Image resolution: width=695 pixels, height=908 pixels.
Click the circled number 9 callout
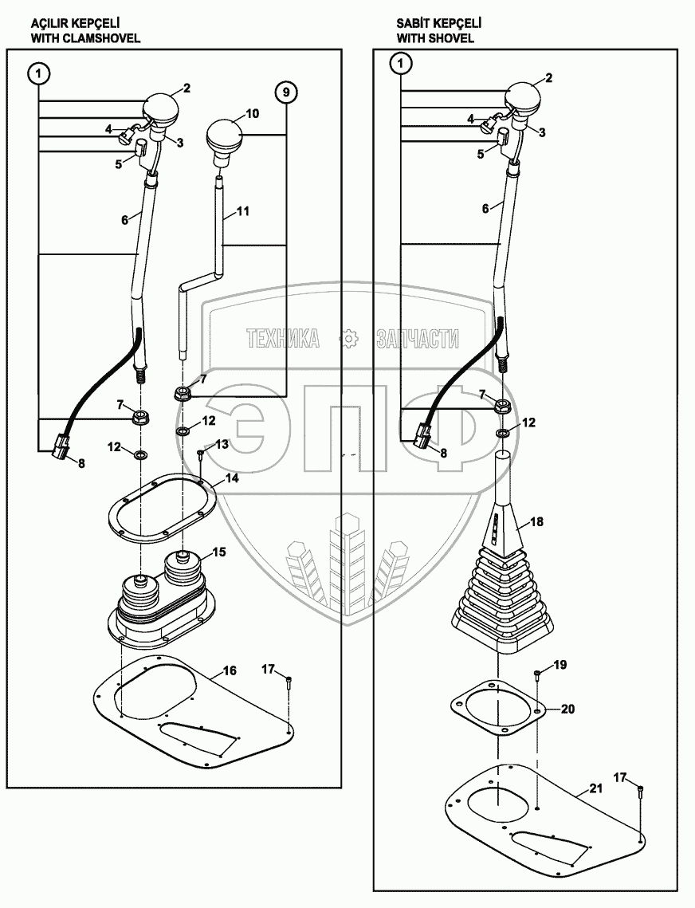coord(287,92)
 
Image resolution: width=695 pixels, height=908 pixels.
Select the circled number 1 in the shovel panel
coord(402,62)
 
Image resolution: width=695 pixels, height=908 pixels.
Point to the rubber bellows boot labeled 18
coord(500,582)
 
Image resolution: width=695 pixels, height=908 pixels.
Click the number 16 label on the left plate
coord(228,671)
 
